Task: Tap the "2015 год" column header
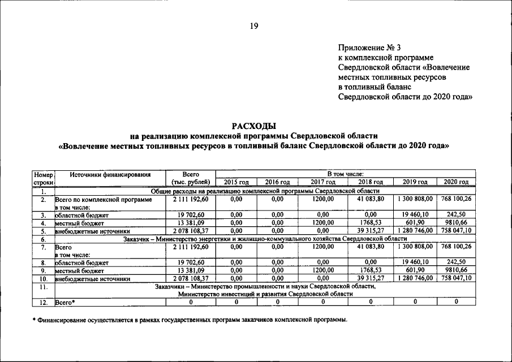236,182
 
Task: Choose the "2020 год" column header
456,182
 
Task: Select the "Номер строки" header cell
43,178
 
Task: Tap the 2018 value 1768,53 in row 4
371,223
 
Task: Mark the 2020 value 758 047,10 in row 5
456,231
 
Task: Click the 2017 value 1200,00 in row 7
323,247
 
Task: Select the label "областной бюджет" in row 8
81,262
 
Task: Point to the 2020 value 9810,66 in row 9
456,270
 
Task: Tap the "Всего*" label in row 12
65,303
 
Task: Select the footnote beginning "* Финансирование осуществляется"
190,320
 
